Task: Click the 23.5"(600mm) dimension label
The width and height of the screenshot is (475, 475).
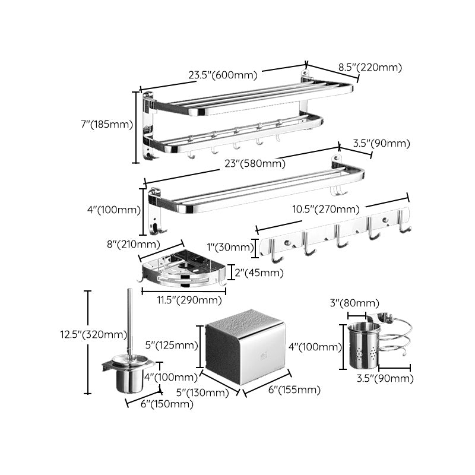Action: click(x=223, y=75)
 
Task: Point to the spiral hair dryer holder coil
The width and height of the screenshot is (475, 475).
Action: click(x=394, y=341)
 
